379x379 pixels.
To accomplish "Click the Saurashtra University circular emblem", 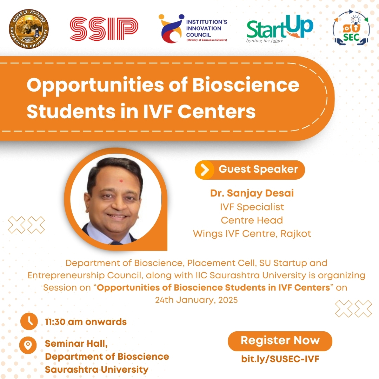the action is tap(29, 29).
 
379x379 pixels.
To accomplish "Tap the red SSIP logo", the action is tap(104, 28).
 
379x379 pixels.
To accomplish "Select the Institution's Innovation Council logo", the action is tap(193, 28).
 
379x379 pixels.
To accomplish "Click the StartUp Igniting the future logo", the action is tap(280, 29).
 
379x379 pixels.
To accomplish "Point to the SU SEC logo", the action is tap(351, 28).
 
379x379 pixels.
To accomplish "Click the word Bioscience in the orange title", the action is tap(246, 85).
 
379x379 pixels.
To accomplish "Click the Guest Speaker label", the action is tap(258, 169).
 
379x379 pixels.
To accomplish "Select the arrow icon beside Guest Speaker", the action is tap(205, 170).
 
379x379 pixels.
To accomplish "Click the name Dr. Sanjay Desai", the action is tap(252, 193).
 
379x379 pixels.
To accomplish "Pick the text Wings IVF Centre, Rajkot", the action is tap(252, 234).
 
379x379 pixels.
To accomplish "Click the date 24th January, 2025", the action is tap(196, 300).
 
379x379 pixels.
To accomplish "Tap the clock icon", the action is tap(29, 321).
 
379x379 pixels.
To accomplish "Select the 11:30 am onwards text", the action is tap(86, 322).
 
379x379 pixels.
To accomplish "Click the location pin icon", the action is tap(28, 345).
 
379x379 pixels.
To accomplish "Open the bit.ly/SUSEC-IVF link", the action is tap(280, 359).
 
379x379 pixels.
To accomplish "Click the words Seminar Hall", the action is tap(76, 344).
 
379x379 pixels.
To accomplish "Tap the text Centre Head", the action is tap(252, 220).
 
